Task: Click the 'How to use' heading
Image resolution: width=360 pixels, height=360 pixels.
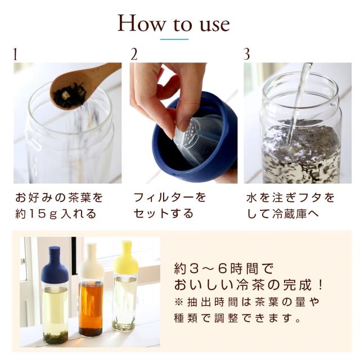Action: click(174, 24)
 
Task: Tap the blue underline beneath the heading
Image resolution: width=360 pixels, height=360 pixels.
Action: click(174, 39)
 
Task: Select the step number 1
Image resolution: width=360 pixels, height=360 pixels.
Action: click(15, 55)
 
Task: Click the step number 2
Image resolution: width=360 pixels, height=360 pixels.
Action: click(134, 55)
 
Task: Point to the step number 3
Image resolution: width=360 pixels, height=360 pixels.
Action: click(246, 55)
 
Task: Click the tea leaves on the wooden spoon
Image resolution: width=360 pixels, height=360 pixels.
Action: click(70, 95)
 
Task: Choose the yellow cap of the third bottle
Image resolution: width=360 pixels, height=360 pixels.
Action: click(126, 258)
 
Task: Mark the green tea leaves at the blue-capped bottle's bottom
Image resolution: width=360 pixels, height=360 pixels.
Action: click(56, 337)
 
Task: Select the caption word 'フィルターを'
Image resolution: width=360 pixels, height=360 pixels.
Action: click(170, 197)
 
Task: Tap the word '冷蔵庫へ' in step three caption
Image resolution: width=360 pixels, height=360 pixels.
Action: click(296, 214)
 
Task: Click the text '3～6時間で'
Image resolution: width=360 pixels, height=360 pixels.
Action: click(231, 269)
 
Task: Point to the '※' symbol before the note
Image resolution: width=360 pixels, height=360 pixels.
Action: click(179, 302)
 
